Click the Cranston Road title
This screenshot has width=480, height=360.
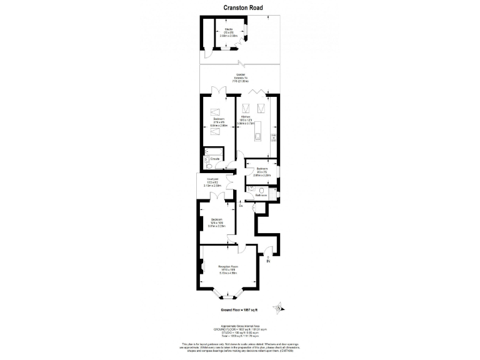pos(243,7)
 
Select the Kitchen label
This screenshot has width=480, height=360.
pos(246,117)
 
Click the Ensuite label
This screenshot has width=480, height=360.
pos(214,158)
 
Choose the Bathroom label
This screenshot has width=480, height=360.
pos(261,195)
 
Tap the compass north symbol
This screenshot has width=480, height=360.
pos(279,307)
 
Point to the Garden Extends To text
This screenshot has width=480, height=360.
pos(240,78)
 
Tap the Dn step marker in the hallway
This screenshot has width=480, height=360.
pos(241,205)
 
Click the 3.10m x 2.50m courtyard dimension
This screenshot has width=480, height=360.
pos(212,186)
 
